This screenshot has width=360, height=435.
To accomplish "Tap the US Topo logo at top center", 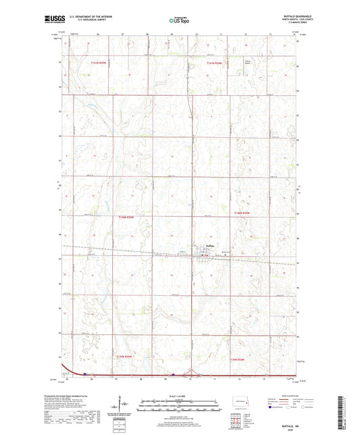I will click(179, 21).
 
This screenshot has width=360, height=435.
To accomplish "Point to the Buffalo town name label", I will click(209, 245).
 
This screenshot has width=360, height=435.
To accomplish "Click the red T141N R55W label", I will click(99, 63).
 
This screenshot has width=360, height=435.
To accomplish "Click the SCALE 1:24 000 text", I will click(179, 396).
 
